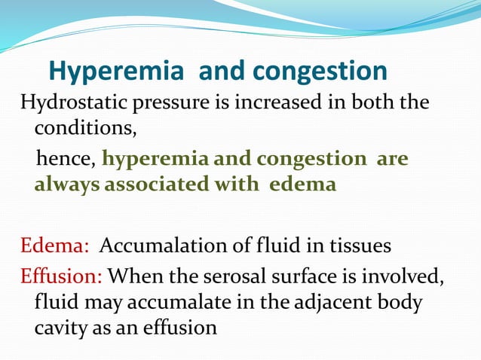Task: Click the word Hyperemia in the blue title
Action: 117,72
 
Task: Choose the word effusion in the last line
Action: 180,328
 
